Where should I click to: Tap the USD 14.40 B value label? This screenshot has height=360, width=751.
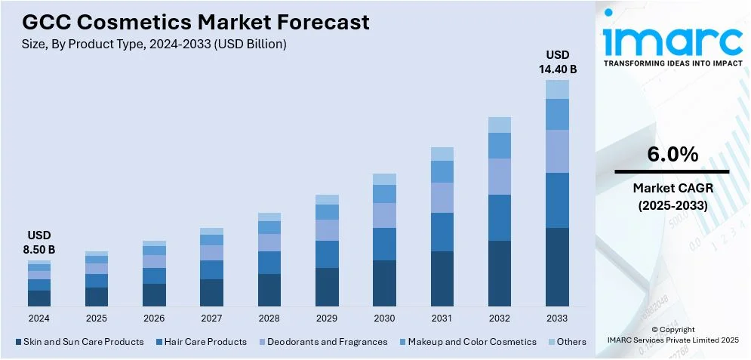pyautogui.click(x=557, y=62)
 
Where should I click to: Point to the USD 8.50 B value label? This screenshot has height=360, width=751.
pyautogui.click(x=38, y=242)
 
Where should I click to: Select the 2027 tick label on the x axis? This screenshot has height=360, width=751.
pyautogui.click(x=211, y=318)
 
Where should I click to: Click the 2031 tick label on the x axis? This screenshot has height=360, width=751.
pyautogui.click(x=442, y=318)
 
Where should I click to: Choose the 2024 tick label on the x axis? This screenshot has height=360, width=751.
pyautogui.click(x=38, y=318)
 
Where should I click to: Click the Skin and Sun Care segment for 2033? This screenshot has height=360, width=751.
pyautogui.click(x=557, y=266)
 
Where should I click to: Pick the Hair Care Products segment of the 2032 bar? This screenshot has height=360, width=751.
pyautogui.click(x=500, y=217)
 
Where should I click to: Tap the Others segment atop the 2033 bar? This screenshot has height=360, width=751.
pyautogui.click(x=557, y=89)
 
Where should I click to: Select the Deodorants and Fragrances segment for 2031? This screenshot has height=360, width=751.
pyautogui.click(x=442, y=198)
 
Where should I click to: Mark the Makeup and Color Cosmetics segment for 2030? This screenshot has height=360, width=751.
pyautogui.click(x=384, y=194)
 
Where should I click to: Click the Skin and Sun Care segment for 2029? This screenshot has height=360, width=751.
pyautogui.click(x=327, y=287)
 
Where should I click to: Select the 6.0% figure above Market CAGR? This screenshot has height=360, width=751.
pyautogui.click(x=672, y=155)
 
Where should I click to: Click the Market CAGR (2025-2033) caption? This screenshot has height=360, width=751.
pyautogui.click(x=672, y=196)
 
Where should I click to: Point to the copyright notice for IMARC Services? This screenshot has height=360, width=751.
pyautogui.click(x=672, y=335)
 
